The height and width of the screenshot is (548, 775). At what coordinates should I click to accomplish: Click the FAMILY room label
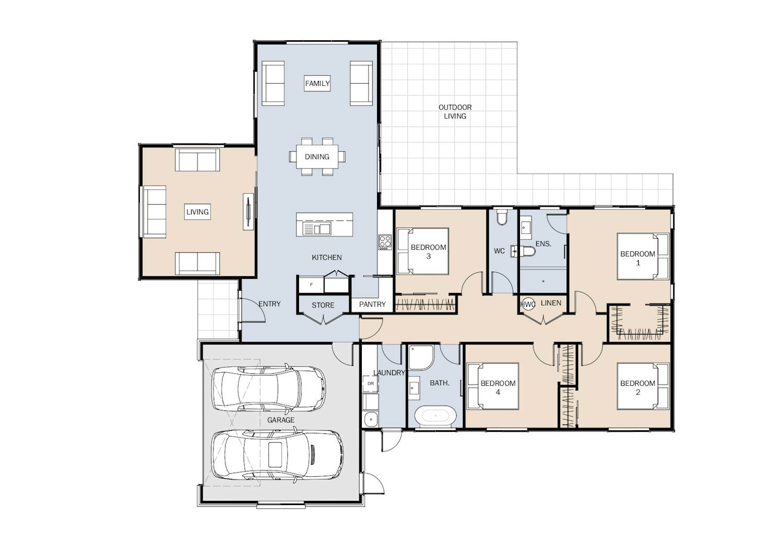click(317, 83)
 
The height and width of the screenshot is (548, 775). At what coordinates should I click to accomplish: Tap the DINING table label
click(317, 156)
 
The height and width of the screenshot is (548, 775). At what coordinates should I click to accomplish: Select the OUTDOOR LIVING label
click(455, 111)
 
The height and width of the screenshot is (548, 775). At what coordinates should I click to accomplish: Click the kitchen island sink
click(317, 228)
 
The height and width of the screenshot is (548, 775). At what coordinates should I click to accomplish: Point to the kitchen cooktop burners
click(385, 242)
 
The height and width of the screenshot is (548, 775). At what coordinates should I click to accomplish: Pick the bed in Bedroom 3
click(423, 251)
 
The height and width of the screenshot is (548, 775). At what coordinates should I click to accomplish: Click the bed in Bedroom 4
click(493, 386)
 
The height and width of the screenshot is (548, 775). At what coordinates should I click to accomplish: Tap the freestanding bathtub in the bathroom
click(435, 415)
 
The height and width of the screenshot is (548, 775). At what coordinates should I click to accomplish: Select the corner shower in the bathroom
click(420, 357)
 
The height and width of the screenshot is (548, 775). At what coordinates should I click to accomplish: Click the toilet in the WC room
click(501, 217)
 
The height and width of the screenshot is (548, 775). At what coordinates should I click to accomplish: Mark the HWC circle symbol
click(528, 304)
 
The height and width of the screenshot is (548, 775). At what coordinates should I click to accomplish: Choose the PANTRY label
click(372, 304)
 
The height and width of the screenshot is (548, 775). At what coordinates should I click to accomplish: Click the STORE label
click(323, 305)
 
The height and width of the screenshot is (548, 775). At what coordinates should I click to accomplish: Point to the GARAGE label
click(281, 420)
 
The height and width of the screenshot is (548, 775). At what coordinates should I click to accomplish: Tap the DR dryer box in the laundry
click(371, 384)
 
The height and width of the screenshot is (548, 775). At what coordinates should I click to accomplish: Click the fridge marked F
click(311, 285)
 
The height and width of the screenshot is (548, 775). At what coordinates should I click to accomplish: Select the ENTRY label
click(270, 304)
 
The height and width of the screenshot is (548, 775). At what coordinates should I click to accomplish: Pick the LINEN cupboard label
click(551, 303)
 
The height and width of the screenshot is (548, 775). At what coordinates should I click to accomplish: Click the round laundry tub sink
click(371, 420)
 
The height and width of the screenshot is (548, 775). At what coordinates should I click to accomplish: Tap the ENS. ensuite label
click(543, 244)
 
